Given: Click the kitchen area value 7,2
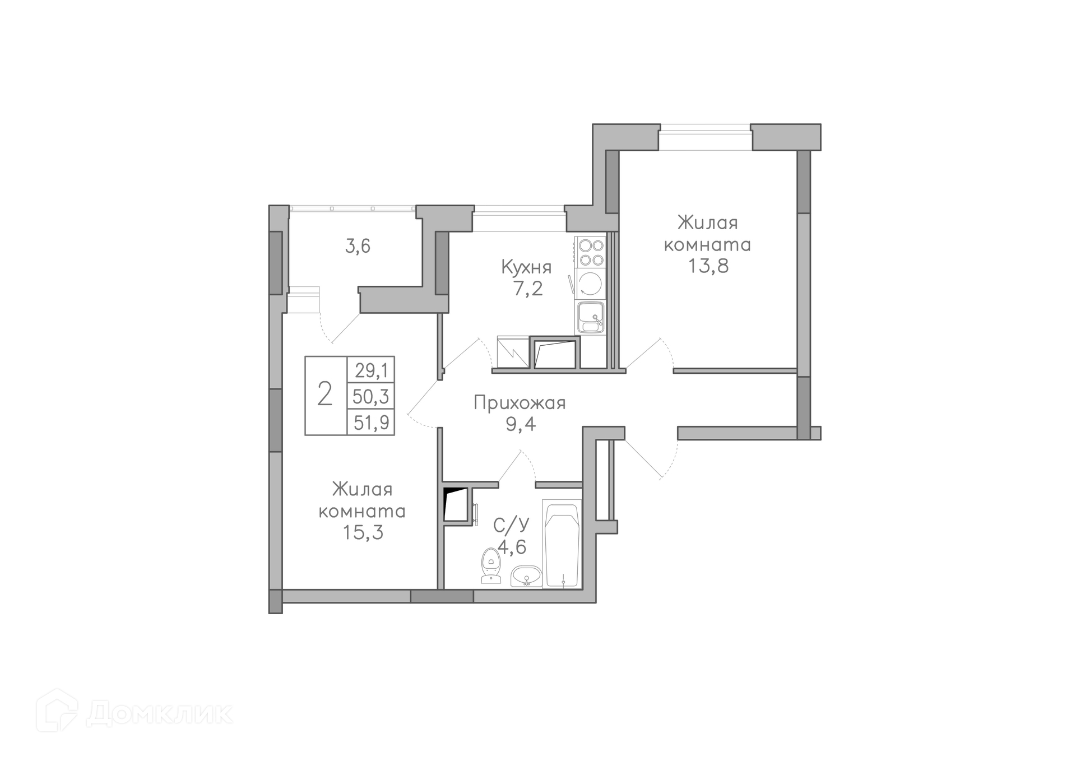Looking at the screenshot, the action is [526, 289].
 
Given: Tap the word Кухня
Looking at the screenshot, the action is [526, 267].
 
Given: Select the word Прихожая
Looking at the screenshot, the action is [520, 403].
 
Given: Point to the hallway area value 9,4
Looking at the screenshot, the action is [521, 424].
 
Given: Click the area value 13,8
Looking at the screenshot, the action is [708, 266].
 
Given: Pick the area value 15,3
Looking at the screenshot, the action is [363, 532].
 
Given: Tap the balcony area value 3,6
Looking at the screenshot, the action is [358, 246].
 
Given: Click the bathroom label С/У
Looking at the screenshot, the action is [511, 525].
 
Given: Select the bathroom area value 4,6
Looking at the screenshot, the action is [511, 546].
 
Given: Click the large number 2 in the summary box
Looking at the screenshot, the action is [325, 394].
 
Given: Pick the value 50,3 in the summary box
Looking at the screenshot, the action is [371, 396].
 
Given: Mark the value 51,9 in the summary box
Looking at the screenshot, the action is [371, 421].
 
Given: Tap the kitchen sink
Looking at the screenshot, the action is [591, 317].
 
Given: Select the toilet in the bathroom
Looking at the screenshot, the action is [490, 565].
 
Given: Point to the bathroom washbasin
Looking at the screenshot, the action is [526, 576].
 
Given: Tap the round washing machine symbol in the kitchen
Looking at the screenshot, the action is [591, 284].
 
